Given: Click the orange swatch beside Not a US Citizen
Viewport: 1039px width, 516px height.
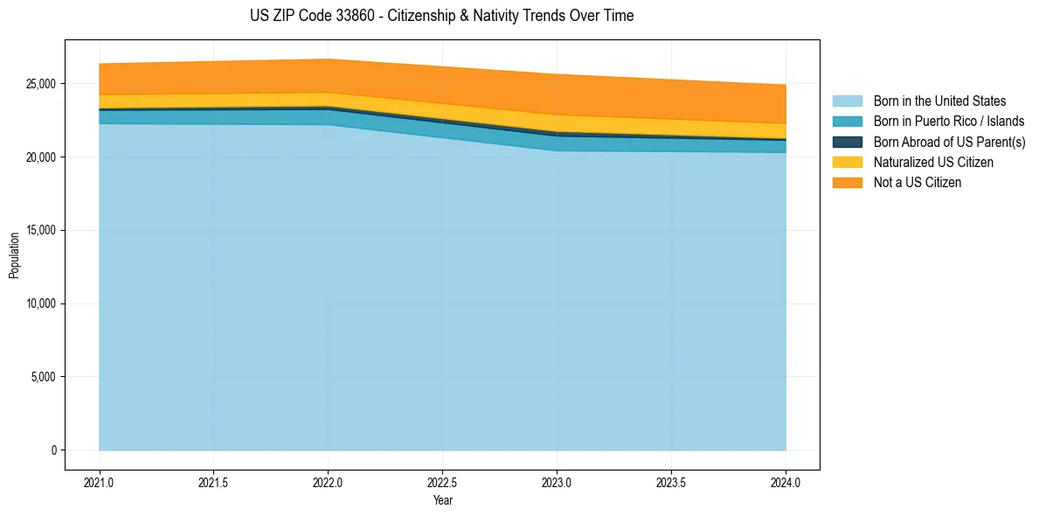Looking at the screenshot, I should (847, 183).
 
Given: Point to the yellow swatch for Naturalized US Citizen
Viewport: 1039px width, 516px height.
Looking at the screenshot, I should (847, 162).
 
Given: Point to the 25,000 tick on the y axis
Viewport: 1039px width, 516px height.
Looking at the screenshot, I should (41, 84).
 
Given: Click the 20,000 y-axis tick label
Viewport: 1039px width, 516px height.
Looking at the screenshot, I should (41, 157).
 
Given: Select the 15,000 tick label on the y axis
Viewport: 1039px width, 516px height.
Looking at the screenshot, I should (41, 231).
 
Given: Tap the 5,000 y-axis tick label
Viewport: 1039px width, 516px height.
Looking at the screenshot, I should (44, 377).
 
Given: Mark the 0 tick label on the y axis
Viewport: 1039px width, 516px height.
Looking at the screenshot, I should (54, 450).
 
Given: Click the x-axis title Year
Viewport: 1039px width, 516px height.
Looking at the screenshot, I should (442, 500).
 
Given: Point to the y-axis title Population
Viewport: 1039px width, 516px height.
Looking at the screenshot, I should (14, 255).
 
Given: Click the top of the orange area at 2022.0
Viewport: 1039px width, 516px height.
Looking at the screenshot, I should (328, 59).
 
